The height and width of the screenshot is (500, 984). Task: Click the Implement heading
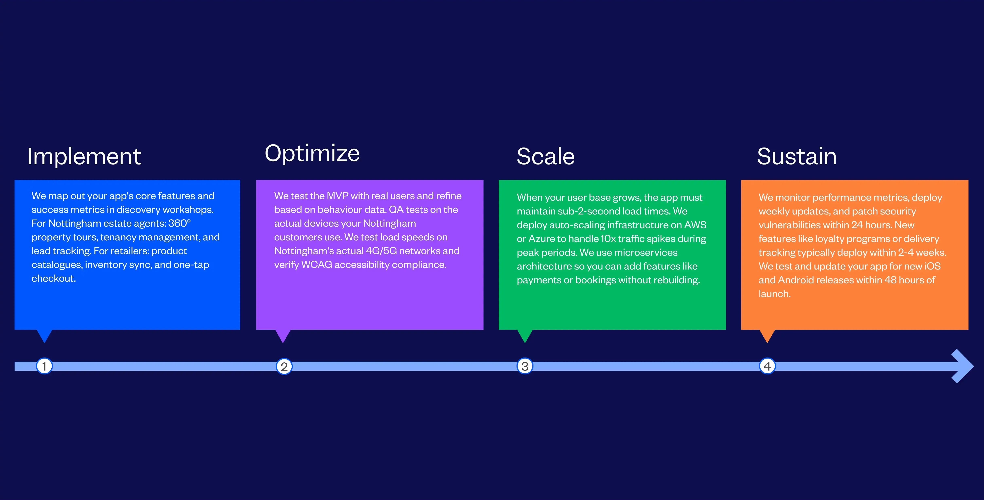84,157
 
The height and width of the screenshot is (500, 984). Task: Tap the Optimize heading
312,154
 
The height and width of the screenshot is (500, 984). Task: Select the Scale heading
545,157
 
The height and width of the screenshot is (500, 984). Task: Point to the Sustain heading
797,157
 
